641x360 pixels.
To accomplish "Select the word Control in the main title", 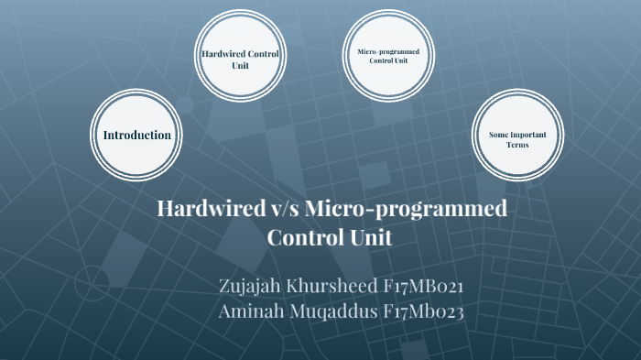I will click(307, 237).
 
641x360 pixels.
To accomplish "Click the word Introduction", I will click(137, 135).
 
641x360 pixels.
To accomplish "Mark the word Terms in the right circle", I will click(517, 145).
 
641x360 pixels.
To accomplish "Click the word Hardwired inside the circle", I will click(223, 55).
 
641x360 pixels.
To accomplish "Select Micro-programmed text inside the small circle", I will click(388, 51).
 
